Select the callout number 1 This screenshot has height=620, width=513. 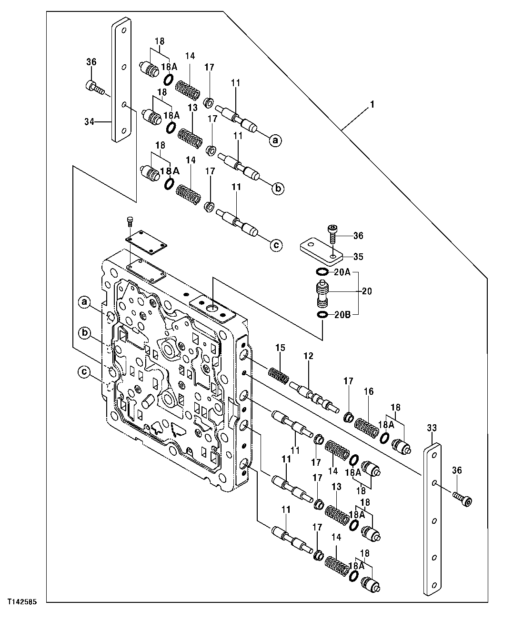pos(372,103)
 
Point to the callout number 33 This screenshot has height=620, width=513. pos(431,429)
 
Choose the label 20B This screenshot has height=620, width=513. pos(342,315)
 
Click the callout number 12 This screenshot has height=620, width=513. pos(309,356)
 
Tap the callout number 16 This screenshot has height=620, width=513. pos(369,391)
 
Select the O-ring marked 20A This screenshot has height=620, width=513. pos(322,272)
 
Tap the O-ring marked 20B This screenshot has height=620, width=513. pos(322,315)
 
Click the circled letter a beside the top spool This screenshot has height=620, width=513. pos(275,140)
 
